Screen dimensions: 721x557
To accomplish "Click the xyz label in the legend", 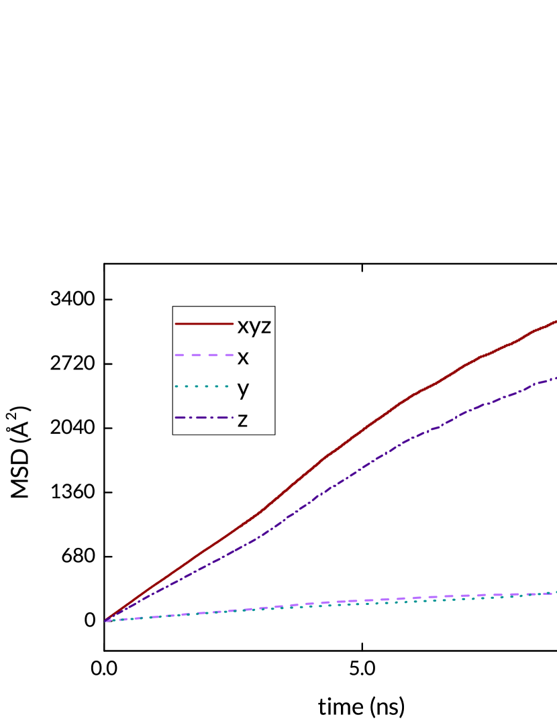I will coord(254,327).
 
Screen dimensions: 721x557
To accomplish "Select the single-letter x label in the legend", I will coord(243,358).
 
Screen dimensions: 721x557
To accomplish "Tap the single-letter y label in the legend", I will coord(243,389).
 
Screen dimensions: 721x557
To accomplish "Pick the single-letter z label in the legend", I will coord(242,421).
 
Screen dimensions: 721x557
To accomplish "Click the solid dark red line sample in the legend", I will coord(204,324).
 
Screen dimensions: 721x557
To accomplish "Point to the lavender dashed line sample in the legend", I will coord(204,355).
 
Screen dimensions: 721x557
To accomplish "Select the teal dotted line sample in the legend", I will coord(204,386).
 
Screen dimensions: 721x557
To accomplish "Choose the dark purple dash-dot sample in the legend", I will coord(204,417).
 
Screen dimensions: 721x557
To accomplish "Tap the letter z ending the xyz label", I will coord(266,327).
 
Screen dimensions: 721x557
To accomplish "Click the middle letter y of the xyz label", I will coord(254,328).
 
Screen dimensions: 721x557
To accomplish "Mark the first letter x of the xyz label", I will coord(242,327).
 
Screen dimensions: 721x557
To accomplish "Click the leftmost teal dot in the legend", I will coord(176,386).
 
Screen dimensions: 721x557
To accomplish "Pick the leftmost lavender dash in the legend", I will coord(179,355).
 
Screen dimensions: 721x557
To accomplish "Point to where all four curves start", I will coord(106,620).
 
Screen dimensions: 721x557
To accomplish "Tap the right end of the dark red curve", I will coord(555,322).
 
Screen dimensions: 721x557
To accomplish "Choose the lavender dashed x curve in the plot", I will coord(403,598).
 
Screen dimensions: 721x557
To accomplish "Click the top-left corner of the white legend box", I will coord(173,307).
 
